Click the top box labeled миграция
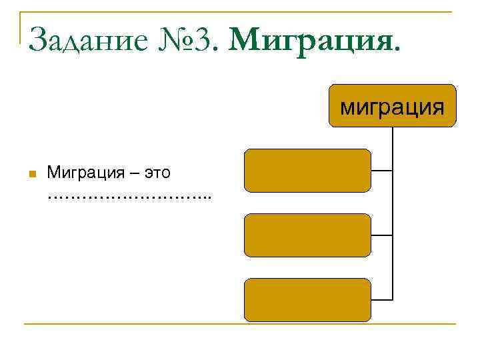coord(392,105)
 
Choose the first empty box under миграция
coord(307,170)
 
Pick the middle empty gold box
coord(307,235)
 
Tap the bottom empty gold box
coord(307,299)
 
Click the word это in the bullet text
coord(155,173)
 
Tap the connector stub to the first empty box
coord(382,171)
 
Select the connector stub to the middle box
coord(382,235)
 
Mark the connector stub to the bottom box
coord(382,299)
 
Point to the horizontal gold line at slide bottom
coord(240,324)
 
